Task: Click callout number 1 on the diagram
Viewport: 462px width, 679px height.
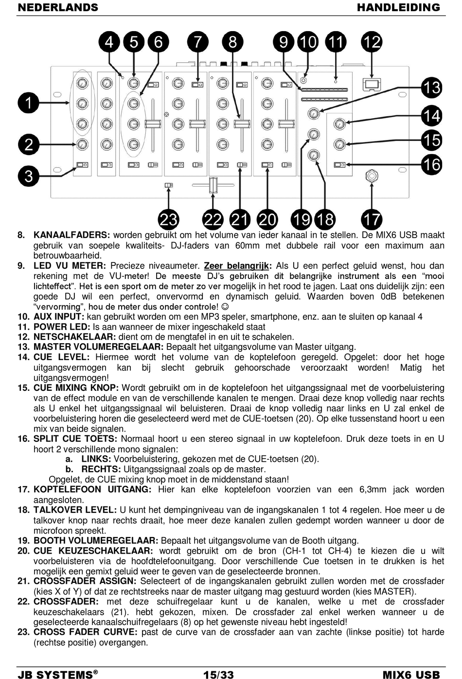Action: pyautogui.click(x=29, y=103)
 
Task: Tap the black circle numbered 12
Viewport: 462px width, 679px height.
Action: pyautogui.click(x=372, y=42)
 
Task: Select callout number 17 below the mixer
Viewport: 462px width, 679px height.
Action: pyautogui.click(x=372, y=220)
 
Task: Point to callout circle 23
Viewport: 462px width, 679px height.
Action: pyautogui.click(x=168, y=220)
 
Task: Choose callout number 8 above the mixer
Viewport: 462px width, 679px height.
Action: pyautogui.click(x=232, y=42)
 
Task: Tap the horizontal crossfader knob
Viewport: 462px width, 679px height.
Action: pyautogui.click(x=213, y=186)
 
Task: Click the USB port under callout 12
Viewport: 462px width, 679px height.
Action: pyautogui.click(x=372, y=85)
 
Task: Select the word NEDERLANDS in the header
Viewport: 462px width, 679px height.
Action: pyautogui.click(x=58, y=7)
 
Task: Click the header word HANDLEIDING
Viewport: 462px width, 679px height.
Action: pyautogui.click(x=398, y=7)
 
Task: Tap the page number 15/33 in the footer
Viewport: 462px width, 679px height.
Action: pyautogui.click(x=218, y=674)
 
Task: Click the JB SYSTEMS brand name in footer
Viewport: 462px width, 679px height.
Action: pyautogui.click(x=55, y=675)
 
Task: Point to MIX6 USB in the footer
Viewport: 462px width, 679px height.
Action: pyautogui.click(x=411, y=675)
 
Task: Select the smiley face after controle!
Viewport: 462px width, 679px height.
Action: pyautogui.click(x=225, y=307)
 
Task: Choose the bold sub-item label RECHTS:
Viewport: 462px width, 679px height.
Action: pyautogui.click(x=101, y=469)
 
